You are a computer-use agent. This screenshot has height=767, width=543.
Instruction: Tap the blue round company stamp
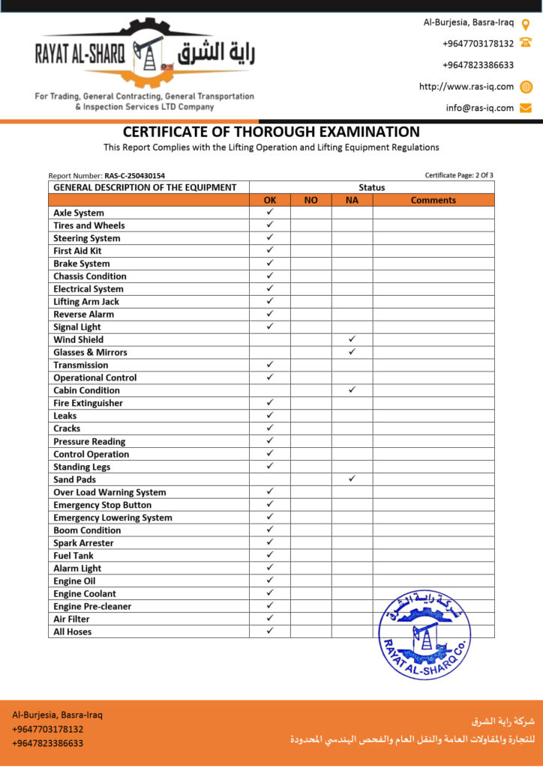[425, 635]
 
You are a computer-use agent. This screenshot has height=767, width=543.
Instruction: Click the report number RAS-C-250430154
[134, 175]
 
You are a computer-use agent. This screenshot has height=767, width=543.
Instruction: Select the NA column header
[352, 200]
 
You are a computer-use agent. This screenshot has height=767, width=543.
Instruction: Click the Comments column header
[433, 200]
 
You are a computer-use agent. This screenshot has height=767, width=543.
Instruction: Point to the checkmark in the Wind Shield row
[352, 339]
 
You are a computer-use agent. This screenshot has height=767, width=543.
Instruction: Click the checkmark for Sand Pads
[352, 479]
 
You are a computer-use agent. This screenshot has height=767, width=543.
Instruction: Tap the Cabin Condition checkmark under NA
[352, 389]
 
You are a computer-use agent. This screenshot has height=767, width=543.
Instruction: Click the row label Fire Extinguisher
[88, 403]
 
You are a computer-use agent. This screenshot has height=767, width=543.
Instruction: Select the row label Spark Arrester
[83, 542]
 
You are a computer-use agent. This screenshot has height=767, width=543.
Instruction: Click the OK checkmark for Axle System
[270, 212]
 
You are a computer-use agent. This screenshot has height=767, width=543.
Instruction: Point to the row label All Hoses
[73, 631]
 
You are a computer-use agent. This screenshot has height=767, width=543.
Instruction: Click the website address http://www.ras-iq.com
[466, 86]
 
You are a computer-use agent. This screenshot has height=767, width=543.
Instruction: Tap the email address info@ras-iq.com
[480, 108]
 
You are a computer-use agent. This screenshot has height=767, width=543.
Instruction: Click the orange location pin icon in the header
[526, 23]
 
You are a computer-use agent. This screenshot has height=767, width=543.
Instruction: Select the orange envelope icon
[526, 108]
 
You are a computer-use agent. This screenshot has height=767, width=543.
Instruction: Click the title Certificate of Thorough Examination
[271, 132]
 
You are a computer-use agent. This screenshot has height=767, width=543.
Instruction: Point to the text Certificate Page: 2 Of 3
[459, 175]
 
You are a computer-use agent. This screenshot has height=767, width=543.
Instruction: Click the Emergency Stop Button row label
[102, 505]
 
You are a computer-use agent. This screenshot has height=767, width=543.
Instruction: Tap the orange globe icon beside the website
[526, 86]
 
